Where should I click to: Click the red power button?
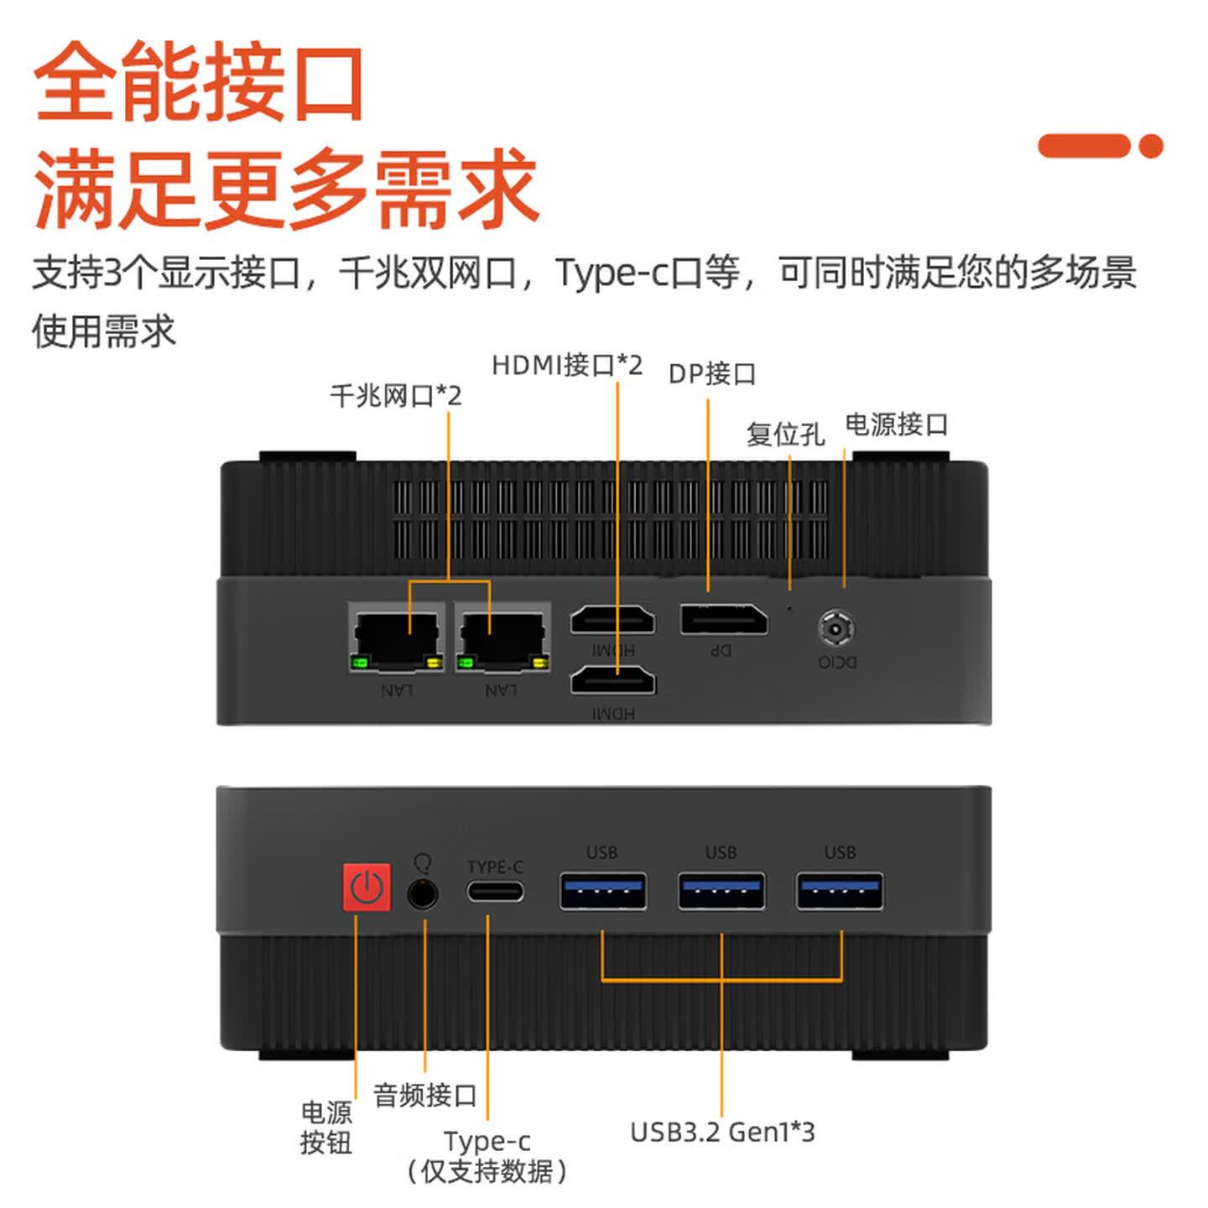tap(367, 888)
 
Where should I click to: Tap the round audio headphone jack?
tap(423, 893)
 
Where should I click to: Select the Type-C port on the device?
tap(495, 891)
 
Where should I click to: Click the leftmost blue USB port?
tap(603, 891)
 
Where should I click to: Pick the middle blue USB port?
tap(721, 891)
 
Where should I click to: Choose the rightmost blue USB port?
tap(840, 891)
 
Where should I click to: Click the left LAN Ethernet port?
tap(397, 638)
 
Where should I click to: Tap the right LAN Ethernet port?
tap(503, 638)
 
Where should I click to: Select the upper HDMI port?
tap(613, 620)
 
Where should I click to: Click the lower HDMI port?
tap(613, 680)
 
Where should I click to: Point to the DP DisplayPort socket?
tap(724, 619)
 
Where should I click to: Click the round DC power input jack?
tap(837, 629)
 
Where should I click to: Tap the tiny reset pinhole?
tap(789, 608)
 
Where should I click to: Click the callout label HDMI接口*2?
tap(567, 366)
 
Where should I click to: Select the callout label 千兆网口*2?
tap(396, 396)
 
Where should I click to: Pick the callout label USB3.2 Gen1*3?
tap(722, 1132)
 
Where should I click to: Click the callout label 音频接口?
tap(425, 1096)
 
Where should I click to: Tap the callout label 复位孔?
tap(785, 435)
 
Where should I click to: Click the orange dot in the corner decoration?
tap(1150, 146)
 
